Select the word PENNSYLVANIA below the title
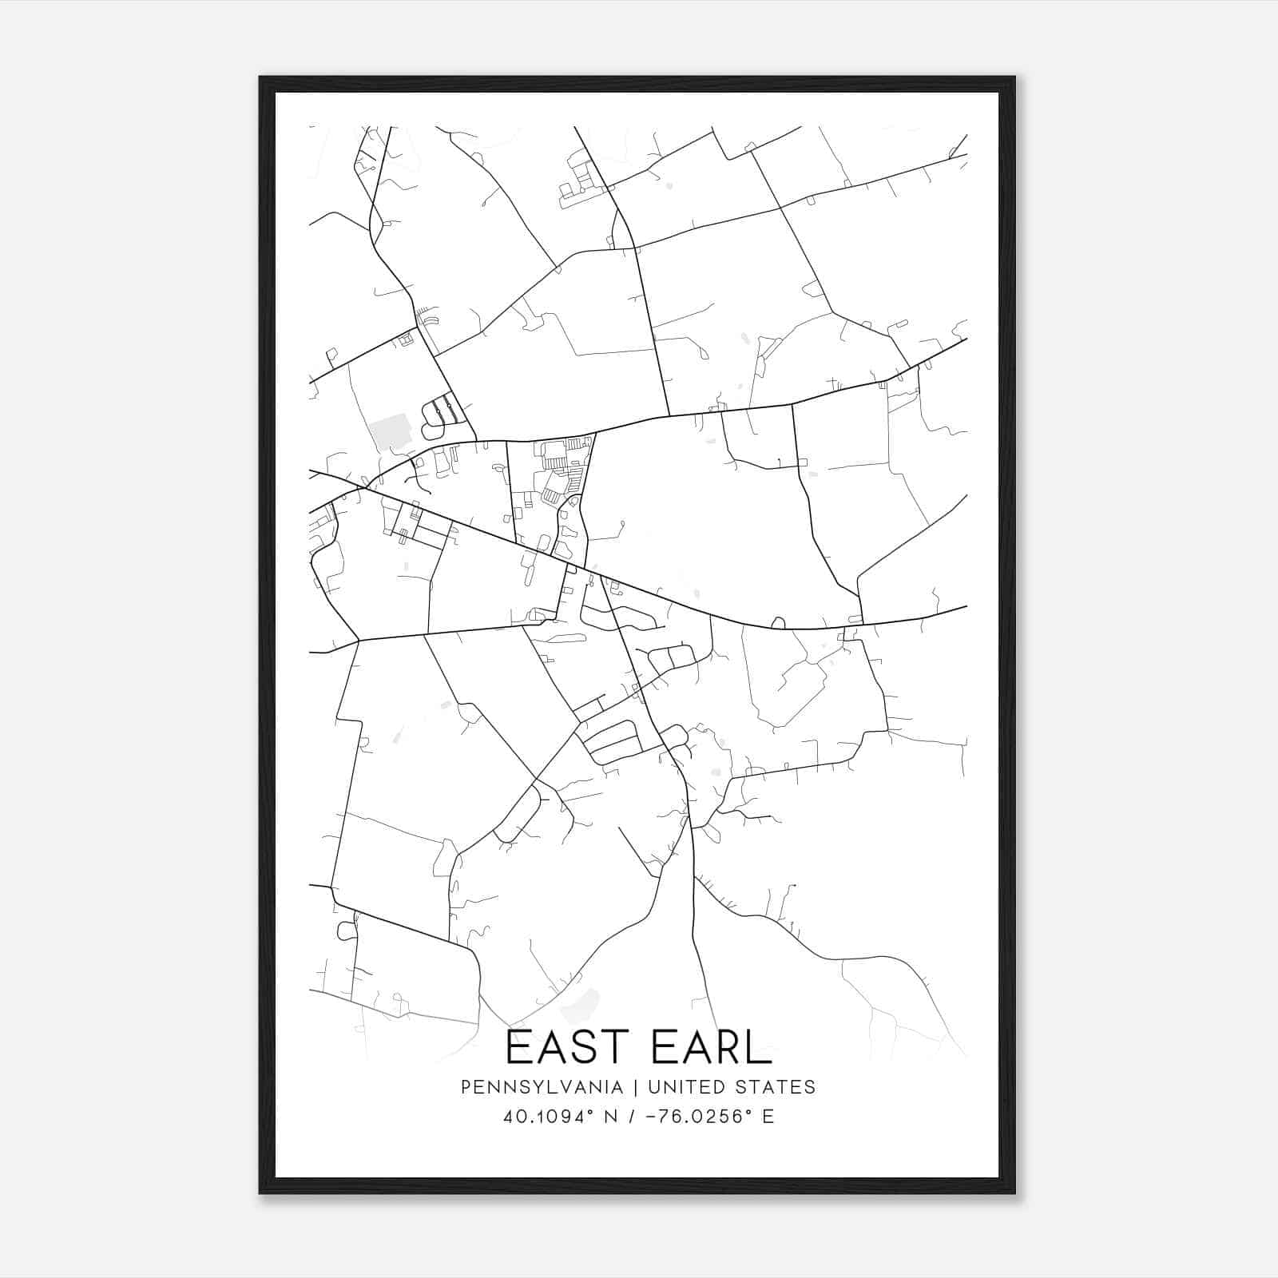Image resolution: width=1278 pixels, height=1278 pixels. pyautogui.click(x=542, y=1087)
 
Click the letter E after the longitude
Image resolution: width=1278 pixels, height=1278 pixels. pyautogui.click(x=768, y=1117)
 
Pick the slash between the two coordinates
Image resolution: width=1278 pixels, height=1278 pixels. pyautogui.click(x=632, y=1117)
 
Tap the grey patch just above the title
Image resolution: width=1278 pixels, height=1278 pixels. pyautogui.click(x=581, y=1006)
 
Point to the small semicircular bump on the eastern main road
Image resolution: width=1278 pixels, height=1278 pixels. pyautogui.click(x=777, y=622)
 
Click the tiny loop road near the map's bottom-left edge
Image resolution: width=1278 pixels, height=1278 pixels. pyautogui.click(x=347, y=931)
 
